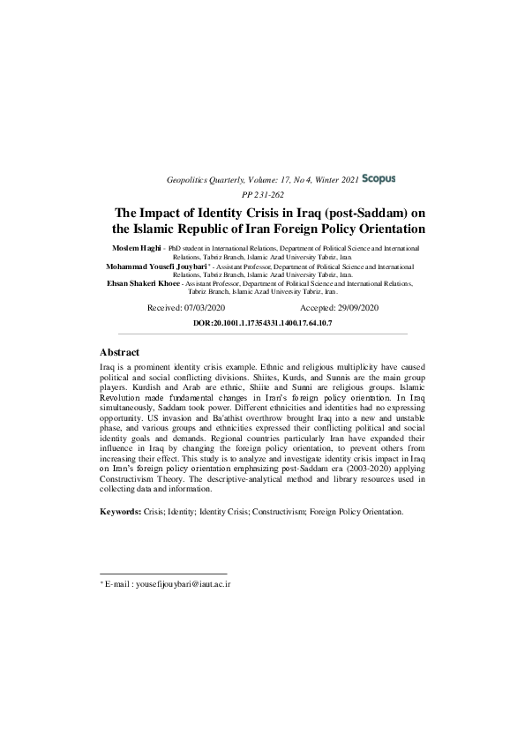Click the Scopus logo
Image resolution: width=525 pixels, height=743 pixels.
(x=379, y=178)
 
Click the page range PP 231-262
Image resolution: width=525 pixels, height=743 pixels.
(x=262, y=195)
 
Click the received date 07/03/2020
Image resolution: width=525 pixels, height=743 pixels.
(x=205, y=307)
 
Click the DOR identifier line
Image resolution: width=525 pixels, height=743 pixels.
(x=262, y=323)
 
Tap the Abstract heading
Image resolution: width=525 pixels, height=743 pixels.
(x=119, y=352)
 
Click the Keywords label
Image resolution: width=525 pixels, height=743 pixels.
(x=122, y=511)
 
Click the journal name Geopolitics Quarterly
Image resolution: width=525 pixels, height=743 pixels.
(x=206, y=180)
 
